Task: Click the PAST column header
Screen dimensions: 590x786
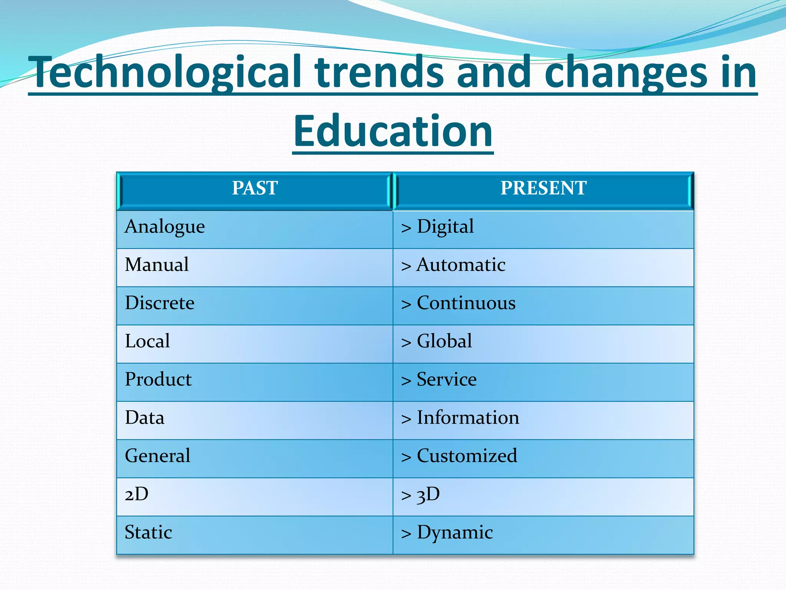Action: [255, 188]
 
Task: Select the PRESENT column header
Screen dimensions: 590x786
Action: [543, 188]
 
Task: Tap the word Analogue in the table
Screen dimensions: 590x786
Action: [165, 227]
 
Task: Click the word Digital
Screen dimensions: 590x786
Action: [445, 227]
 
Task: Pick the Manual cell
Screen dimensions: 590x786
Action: [157, 265]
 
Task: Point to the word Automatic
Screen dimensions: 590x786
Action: [461, 265]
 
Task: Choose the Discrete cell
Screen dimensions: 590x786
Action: [160, 303]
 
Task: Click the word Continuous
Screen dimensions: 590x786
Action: [466, 303]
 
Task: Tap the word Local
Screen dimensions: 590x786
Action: [147, 341]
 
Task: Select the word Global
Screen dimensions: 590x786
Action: [444, 341]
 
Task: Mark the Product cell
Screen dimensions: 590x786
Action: [158, 380]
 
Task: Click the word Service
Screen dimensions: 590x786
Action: [447, 380]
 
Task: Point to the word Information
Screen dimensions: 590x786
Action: [468, 418]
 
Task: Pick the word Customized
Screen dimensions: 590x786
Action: [467, 456]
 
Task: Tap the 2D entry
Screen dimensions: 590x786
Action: [137, 494]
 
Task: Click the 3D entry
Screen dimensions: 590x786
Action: [428, 494]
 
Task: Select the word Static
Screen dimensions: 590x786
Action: [149, 532]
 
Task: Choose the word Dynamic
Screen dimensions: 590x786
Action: [455, 533]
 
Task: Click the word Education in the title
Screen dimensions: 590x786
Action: [393, 131]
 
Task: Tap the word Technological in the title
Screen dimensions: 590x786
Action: [167, 72]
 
